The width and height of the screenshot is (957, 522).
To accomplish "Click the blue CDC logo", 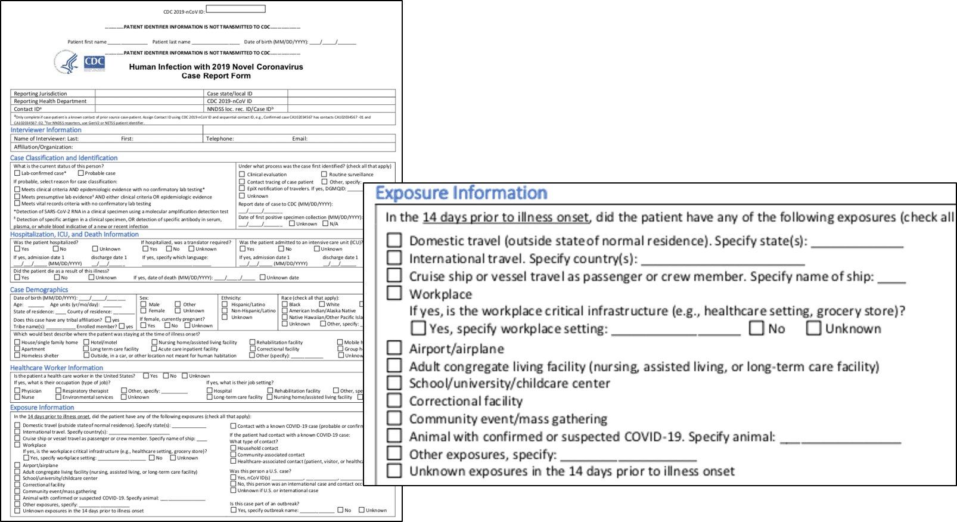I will tap(94, 62).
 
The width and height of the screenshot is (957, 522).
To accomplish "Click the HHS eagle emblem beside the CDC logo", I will tap(66, 62).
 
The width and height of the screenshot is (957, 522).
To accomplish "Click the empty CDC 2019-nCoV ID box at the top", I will tap(235, 9).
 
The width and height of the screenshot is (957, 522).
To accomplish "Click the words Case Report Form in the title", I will tap(216, 76).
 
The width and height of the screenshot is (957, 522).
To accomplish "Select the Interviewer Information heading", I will tap(46, 130).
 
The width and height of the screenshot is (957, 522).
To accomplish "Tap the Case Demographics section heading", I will tap(39, 290).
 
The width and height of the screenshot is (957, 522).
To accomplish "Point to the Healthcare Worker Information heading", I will tap(57, 368).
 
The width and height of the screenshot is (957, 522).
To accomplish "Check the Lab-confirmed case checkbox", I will tap(17, 173).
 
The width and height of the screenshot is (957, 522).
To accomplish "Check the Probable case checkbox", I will tap(80, 173).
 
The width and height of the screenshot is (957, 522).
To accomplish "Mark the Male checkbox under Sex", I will tap(143, 304).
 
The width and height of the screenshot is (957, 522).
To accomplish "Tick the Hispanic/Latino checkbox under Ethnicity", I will tap(225, 304).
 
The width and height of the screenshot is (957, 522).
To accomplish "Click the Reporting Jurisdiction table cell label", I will tap(41, 94).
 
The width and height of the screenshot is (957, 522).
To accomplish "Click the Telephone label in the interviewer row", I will tap(220, 139).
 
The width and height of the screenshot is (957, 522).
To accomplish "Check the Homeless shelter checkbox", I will tap(17, 356).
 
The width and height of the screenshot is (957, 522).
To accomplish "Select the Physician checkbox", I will tap(17, 391).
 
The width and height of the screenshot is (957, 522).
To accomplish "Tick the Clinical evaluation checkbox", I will tap(242, 175).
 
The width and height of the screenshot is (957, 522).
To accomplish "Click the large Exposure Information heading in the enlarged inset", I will tap(461, 193).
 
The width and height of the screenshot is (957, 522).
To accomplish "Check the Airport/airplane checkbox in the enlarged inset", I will tap(394, 347).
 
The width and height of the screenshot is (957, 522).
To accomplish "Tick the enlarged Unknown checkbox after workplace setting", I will tap(813, 328).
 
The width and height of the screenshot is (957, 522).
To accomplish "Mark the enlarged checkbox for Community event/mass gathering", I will tap(394, 418).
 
